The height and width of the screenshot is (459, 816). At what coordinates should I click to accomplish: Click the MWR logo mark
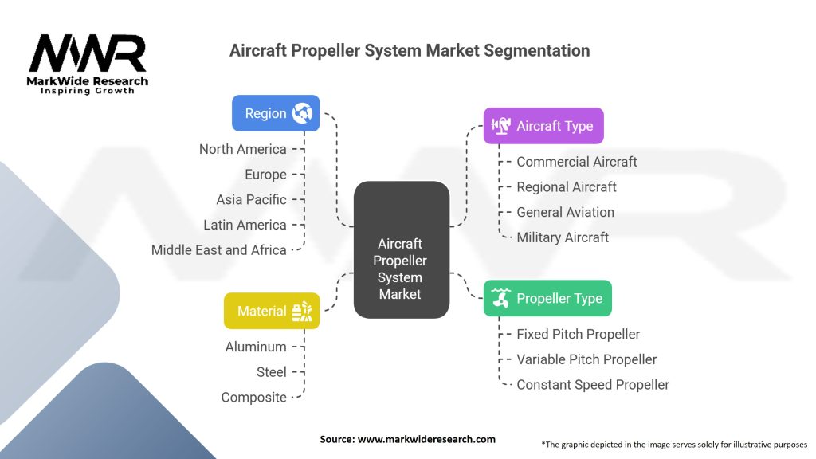point(88,53)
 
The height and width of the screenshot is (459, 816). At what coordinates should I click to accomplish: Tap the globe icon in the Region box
point(302,113)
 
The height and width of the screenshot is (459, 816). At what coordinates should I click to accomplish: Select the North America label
point(243,149)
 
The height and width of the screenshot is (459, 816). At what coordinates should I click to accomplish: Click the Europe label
point(266,175)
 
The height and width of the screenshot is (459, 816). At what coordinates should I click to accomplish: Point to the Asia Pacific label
point(251,200)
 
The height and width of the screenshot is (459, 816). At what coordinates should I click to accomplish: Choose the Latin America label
point(245,225)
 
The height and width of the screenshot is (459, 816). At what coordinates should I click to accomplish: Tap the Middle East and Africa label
point(219,250)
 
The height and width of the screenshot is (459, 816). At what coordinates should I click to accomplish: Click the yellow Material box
point(272,311)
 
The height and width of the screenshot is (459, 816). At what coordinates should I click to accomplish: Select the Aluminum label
point(256,347)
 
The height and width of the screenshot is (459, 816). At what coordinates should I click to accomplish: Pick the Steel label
point(272,372)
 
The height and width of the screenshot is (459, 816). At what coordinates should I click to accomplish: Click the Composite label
point(254,398)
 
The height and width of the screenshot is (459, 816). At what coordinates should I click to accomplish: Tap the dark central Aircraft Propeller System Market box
point(402,249)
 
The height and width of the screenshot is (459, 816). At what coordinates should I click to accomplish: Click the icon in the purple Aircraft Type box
point(500,125)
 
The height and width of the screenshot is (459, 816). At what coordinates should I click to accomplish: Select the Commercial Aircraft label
point(577,162)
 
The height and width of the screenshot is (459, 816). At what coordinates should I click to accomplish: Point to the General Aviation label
point(565,212)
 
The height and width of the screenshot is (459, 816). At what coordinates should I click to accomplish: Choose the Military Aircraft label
point(563,237)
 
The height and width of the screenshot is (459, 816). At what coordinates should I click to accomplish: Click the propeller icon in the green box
point(500,298)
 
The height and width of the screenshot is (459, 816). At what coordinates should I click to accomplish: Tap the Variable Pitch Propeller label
point(586,359)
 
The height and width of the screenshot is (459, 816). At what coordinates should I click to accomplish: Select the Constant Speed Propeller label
point(593,385)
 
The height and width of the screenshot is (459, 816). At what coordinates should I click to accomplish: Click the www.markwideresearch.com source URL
point(427,439)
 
